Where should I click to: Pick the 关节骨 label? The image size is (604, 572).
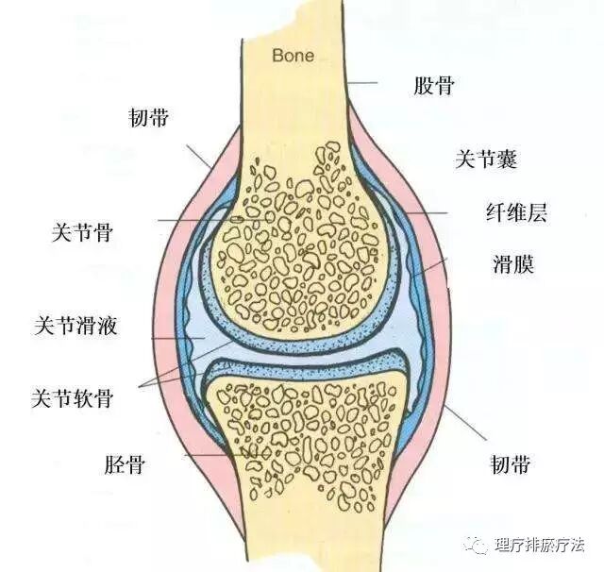(84, 231)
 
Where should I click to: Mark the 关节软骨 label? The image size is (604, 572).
(73, 396)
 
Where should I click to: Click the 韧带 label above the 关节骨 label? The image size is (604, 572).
(149, 118)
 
